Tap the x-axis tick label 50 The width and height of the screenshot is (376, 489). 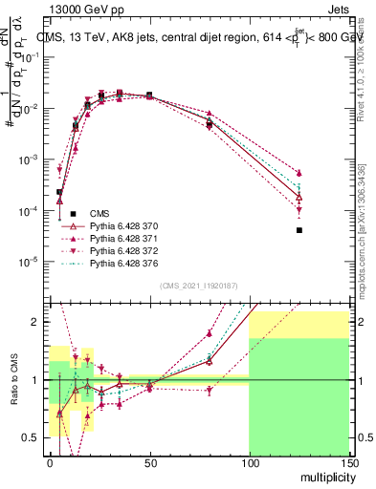pyautogui.click(x=149, y=461)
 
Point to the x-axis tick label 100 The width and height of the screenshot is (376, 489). pyautogui.click(x=249, y=461)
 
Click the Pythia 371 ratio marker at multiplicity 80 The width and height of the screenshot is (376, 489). pyautogui.click(x=210, y=333)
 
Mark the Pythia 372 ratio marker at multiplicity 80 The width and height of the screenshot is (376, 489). pyautogui.click(x=210, y=390)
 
